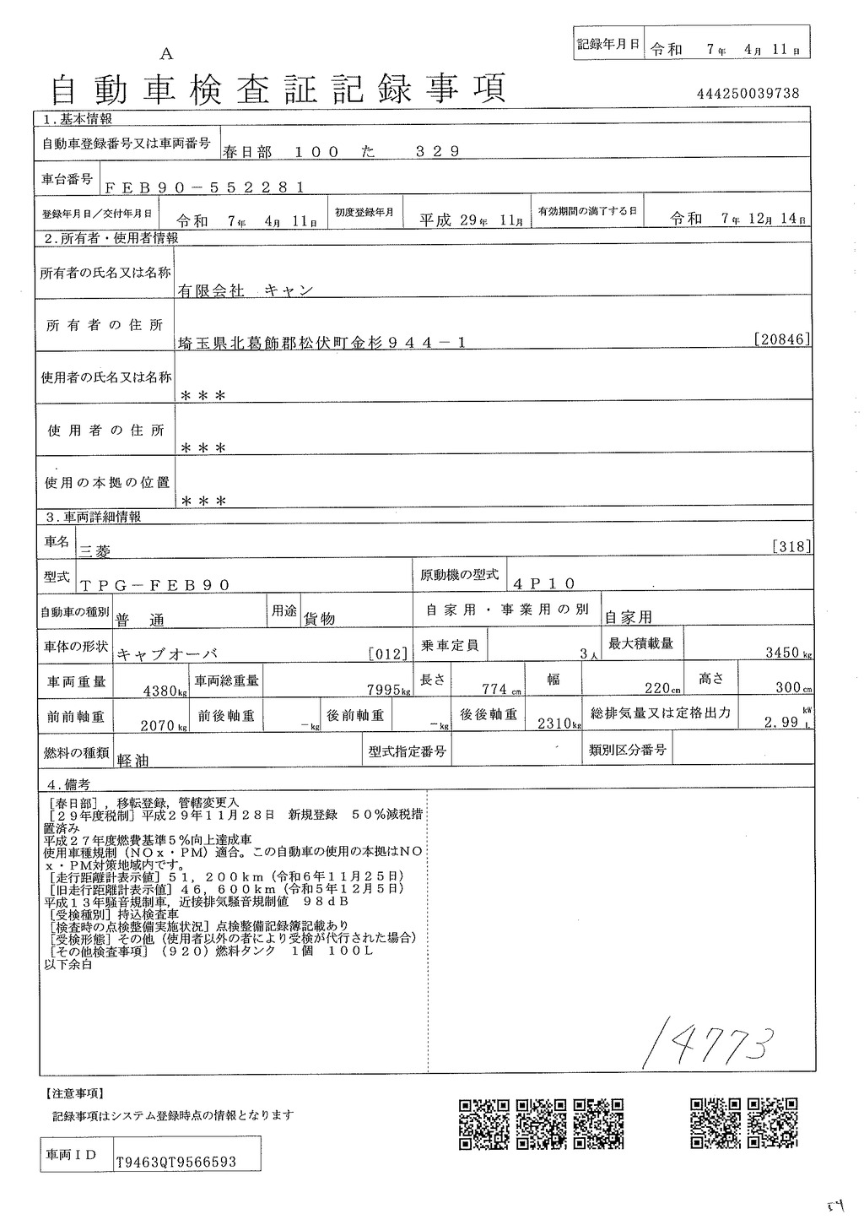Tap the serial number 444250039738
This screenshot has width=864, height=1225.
[x=748, y=94]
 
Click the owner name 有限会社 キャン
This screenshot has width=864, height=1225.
[x=245, y=290]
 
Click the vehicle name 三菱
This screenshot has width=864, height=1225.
[x=94, y=549]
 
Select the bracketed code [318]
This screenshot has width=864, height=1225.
[x=791, y=546]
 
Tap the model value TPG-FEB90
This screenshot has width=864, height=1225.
[x=154, y=584]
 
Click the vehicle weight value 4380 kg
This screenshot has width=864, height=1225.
[x=163, y=690]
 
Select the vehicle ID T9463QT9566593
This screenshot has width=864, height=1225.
[x=176, y=1162]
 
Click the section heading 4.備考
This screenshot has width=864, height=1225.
[x=67, y=783]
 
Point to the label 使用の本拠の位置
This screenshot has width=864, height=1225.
[x=106, y=483]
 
